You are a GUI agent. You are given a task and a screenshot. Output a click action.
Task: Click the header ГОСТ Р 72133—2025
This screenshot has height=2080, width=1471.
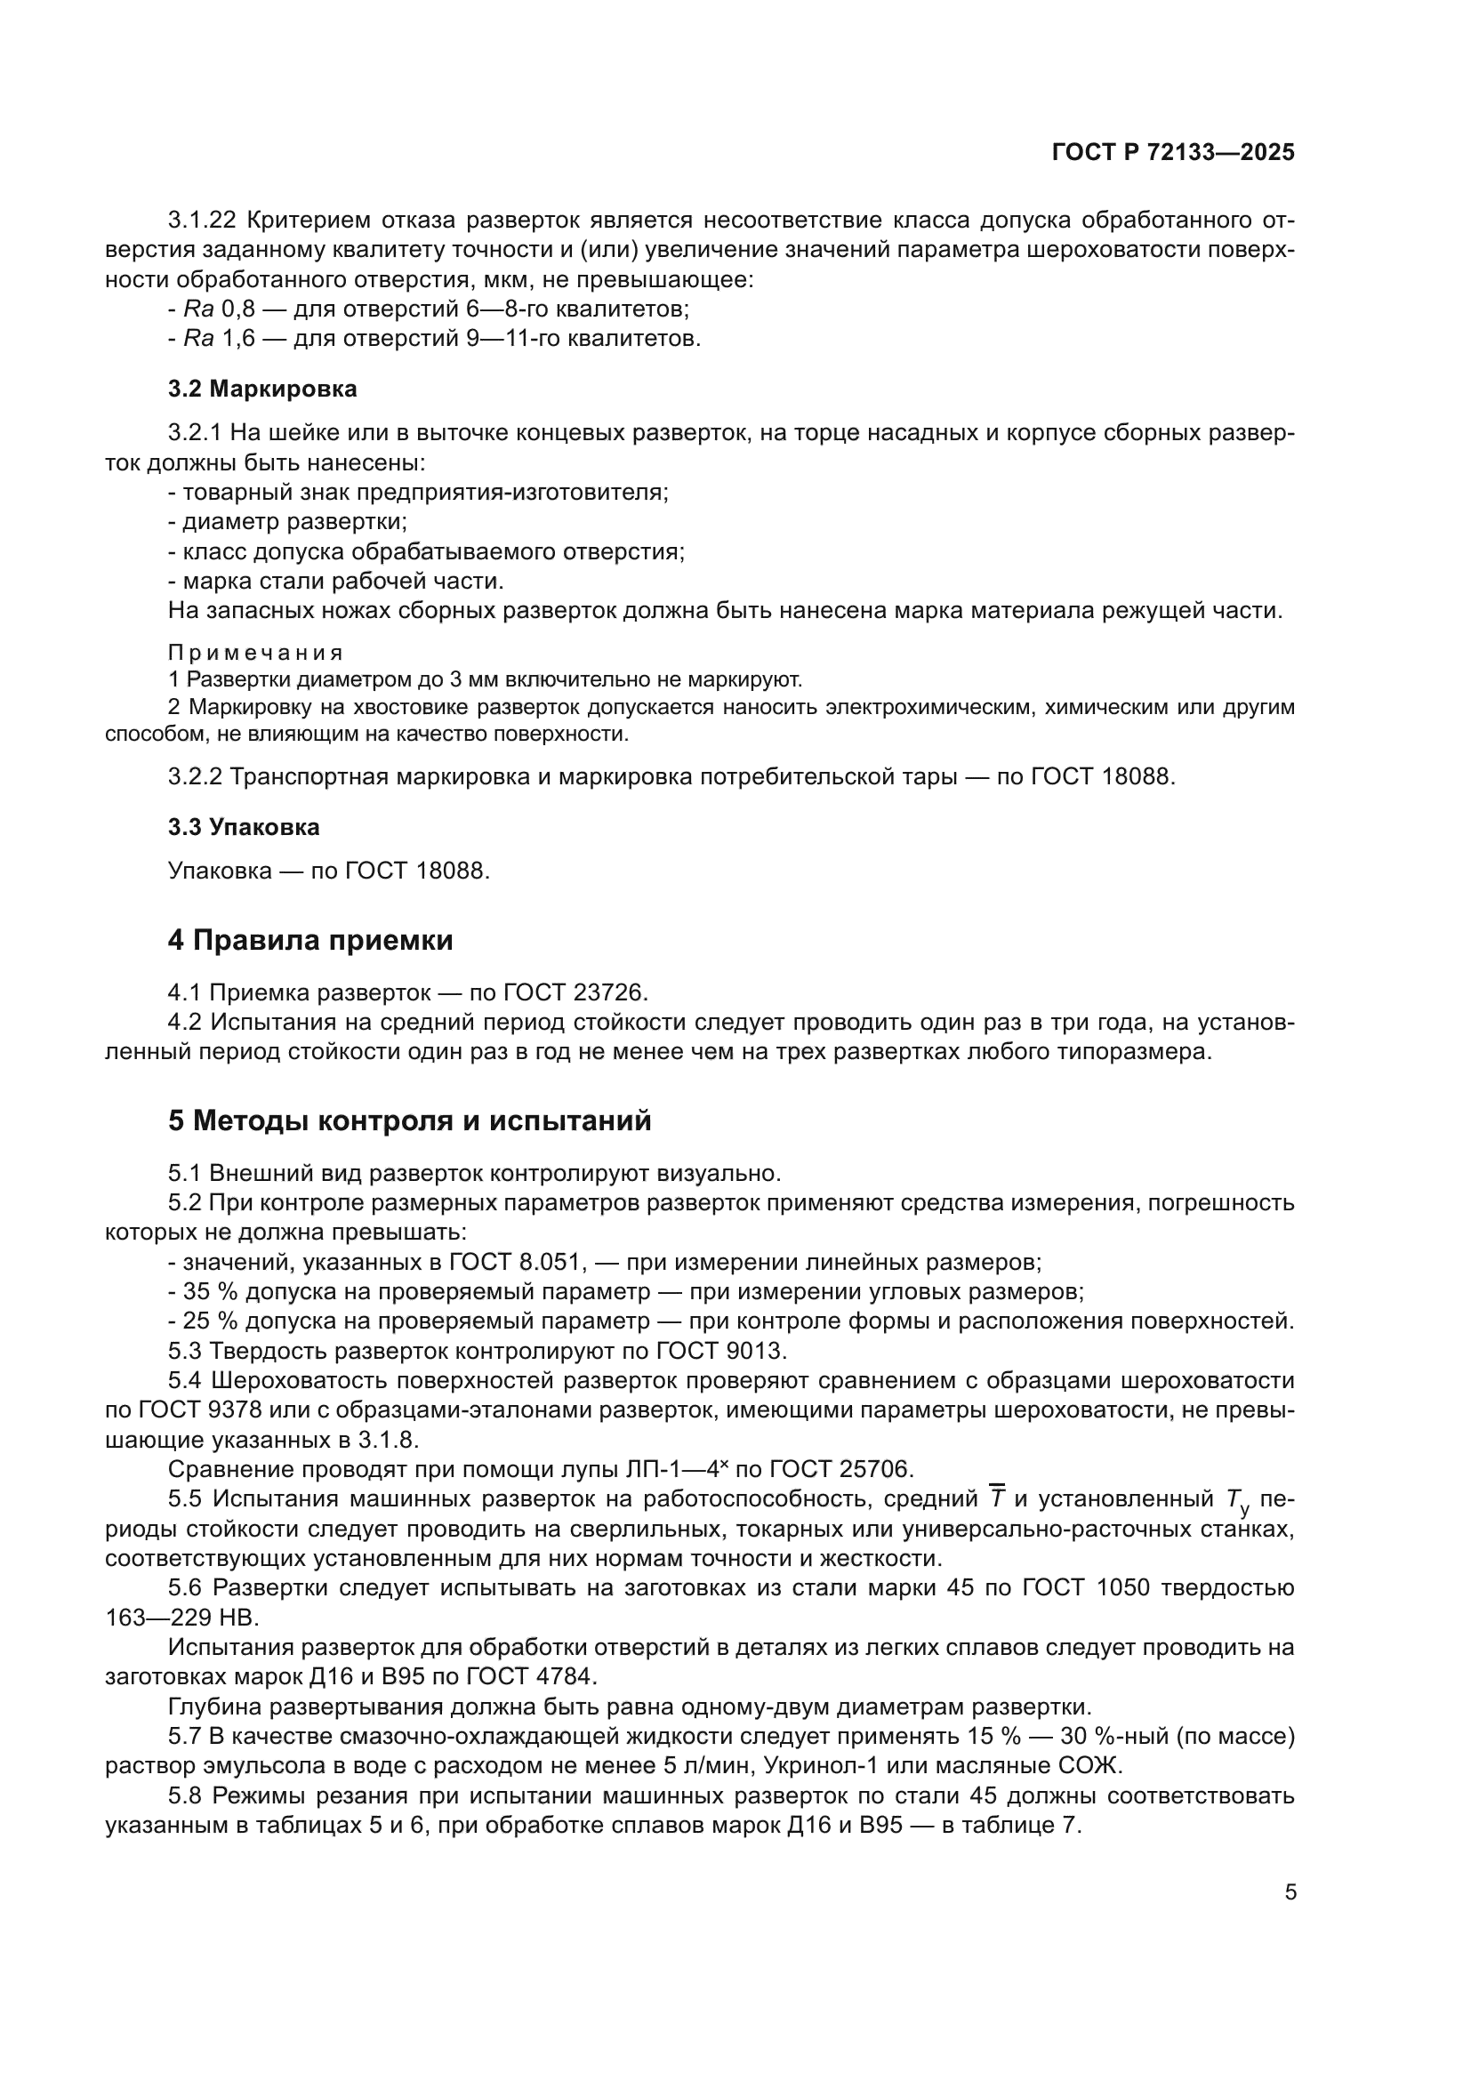tap(1173, 152)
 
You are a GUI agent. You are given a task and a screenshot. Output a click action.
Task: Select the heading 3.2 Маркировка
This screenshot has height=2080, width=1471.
tap(262, 389)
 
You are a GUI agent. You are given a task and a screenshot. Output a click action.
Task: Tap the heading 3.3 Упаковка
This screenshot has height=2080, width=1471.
tap(244, 827)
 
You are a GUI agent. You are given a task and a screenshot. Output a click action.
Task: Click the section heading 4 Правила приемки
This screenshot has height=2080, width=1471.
tap(309, 940)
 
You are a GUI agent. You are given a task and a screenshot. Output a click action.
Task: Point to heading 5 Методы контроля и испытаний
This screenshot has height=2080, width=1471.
tap(409, 1120)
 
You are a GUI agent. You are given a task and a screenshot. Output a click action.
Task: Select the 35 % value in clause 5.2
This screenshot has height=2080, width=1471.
tap(203, 1291)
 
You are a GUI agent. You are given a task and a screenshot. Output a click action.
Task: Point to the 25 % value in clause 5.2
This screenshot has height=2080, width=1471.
tap(203, 1321)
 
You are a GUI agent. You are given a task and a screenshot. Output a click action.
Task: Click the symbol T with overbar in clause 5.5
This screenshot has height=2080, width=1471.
tap(996, 1498)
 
